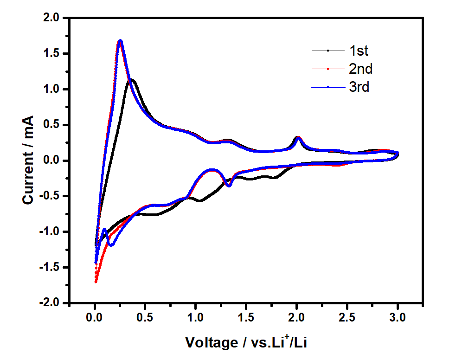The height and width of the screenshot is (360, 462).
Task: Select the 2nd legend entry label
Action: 360,69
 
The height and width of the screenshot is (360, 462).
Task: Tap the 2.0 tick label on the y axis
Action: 52,18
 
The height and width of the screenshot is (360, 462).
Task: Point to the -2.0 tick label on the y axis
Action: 50,303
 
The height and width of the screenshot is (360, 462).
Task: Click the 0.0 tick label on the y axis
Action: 52,161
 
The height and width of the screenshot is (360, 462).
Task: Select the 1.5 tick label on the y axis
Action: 52,54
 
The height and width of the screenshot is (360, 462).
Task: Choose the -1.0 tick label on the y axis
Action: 50,232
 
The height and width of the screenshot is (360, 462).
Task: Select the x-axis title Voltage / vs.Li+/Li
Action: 247,343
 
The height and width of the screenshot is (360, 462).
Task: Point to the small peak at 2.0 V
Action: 297,137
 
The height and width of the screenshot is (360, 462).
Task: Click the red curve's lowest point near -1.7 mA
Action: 96,282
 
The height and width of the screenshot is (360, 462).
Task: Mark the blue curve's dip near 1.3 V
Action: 229,185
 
